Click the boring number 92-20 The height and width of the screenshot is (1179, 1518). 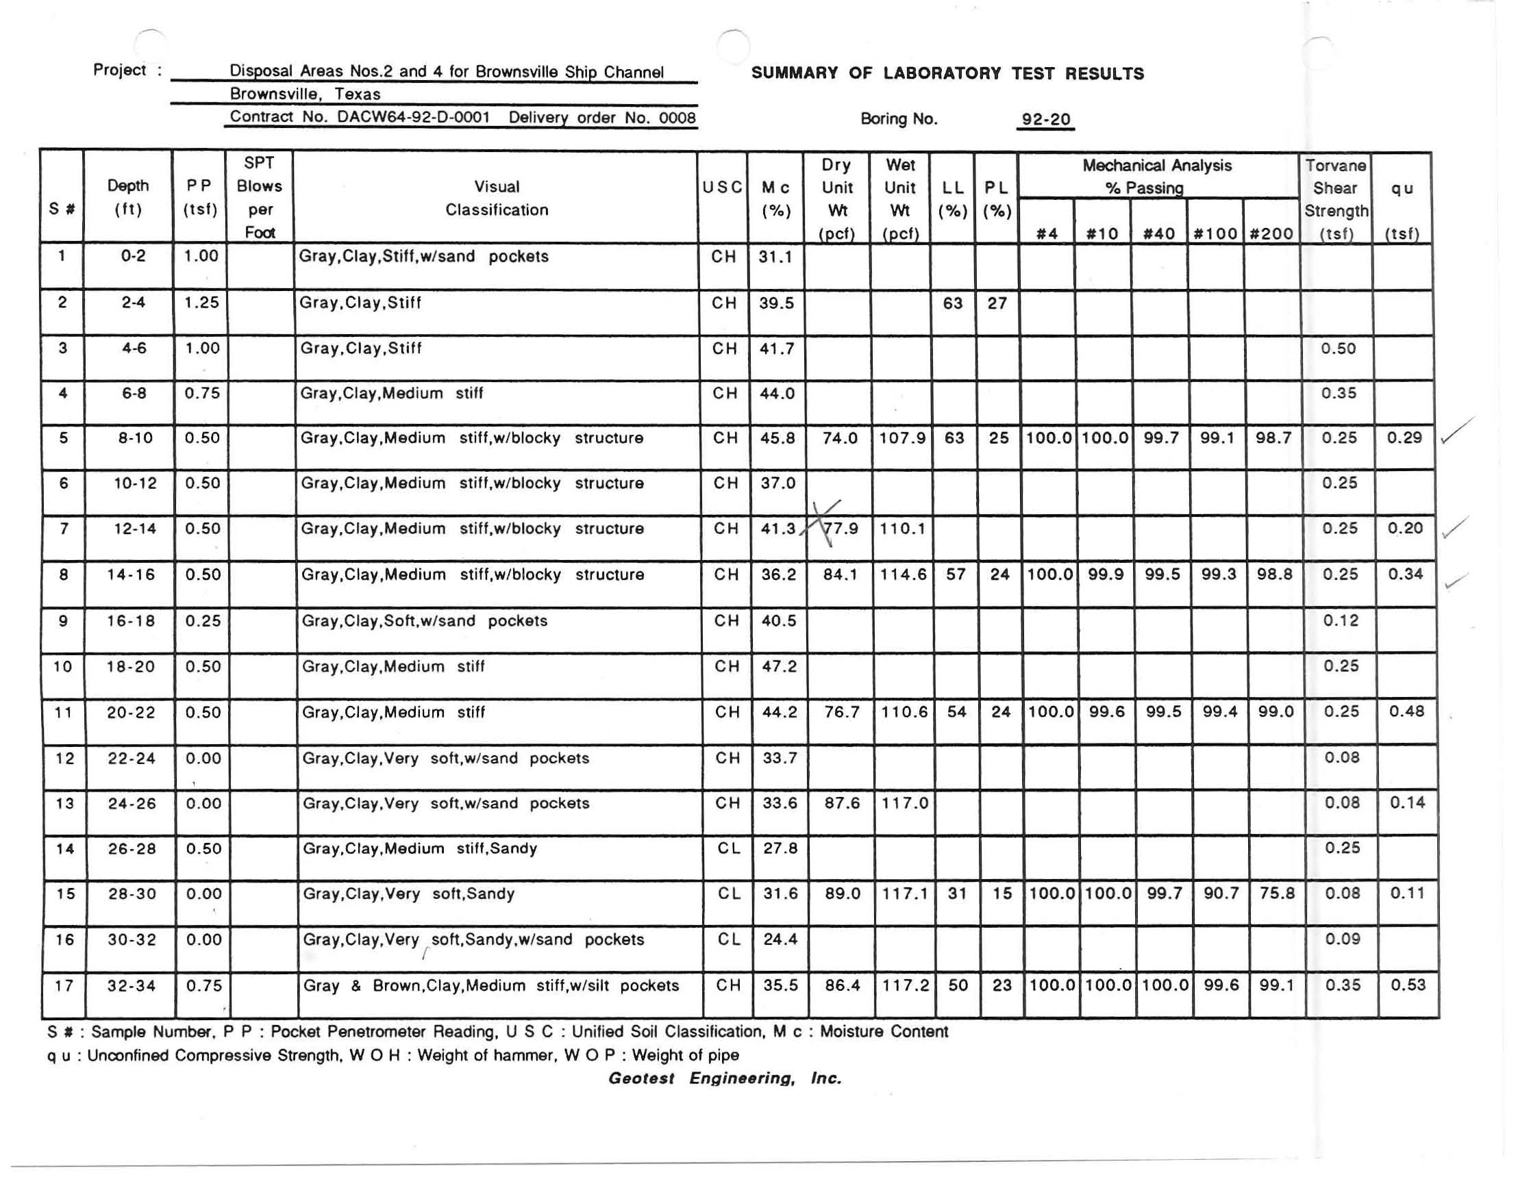pos(1045,119)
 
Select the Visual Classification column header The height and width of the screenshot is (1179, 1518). pos(496,198)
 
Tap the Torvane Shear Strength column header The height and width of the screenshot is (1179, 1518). pos(1335,199)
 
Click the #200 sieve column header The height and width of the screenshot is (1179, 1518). pos(1271,234)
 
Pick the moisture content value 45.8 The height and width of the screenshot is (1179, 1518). pos(776,438)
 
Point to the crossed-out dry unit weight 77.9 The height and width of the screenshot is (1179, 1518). pos(841,529)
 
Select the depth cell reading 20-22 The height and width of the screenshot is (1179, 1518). pos(131,712)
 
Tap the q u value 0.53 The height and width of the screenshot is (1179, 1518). pos(1408,985)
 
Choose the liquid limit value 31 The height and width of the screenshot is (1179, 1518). pos(957,893)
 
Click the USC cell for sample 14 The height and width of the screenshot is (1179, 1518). pos(727,848)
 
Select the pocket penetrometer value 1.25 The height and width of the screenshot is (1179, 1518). pos(201,302)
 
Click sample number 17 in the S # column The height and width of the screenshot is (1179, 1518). pos(64,985)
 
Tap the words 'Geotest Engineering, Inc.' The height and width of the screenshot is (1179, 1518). pos(725,1078)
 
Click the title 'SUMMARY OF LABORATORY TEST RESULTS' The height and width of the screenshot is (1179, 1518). pos(947,74)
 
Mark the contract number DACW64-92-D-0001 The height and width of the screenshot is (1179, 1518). pos(414,116)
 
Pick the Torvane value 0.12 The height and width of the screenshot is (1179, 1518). pos(1340,620)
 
